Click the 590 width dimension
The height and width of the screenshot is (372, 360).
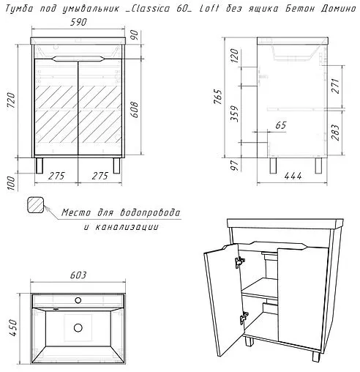tap(79, 22)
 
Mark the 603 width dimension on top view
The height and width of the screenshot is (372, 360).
tap(79, 275)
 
